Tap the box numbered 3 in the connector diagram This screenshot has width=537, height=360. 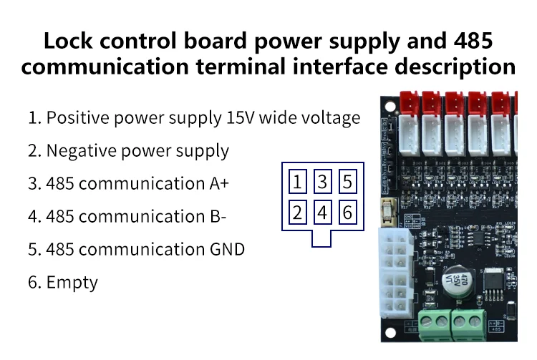(x=323, y=181)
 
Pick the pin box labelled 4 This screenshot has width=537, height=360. (x=323, y=212)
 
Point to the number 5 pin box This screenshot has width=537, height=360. (x=348, y=181)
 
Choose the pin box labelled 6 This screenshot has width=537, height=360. (x=348, y=212)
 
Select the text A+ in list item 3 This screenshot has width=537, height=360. (x=219, y=183)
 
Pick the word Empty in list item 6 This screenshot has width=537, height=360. (x=72, y=282)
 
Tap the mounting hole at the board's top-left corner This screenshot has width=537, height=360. (x=390, y=108)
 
